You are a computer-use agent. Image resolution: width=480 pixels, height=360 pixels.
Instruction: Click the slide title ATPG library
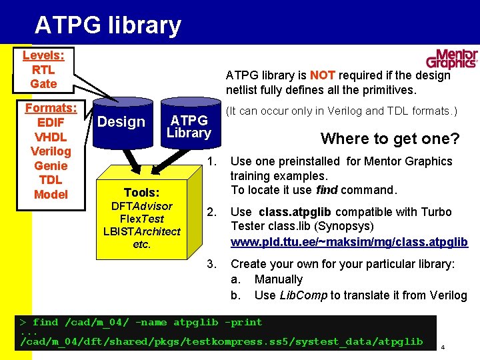[x=107, y=25]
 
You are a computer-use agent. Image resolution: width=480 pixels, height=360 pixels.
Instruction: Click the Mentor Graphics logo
[x=452, y=59]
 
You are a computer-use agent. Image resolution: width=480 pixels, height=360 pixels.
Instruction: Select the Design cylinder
[x=121, y=122]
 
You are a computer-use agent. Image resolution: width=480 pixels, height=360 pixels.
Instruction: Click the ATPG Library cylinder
[x=189, y=126]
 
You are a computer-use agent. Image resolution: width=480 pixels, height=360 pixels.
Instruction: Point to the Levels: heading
[x=43, y=55]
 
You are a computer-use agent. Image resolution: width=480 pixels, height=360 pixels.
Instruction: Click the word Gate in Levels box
[x=43, y=83]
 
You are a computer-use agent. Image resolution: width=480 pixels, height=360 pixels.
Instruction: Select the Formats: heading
[x=51, y=108]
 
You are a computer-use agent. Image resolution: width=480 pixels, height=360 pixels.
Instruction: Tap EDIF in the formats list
[x=51, y=123]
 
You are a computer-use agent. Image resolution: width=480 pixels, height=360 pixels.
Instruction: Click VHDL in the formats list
[x=51, y=137]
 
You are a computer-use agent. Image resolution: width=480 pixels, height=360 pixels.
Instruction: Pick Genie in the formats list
[x=51, y=165]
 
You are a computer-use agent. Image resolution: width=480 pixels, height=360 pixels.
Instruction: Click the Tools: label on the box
[x=141, y=192]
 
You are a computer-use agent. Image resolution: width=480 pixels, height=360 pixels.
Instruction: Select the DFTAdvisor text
[x=141, y=206]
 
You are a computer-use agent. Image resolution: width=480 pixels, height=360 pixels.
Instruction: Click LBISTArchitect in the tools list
[x=141, y=231]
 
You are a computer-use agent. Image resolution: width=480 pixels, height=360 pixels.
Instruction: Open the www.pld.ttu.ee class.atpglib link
[x=349, y=241]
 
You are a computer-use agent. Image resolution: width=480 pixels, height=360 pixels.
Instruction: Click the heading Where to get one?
[x=390, y=139]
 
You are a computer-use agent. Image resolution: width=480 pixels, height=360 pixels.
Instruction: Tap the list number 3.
[x=211, y=264]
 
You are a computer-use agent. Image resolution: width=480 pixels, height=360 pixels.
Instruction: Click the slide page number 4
[x=442, y=347]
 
